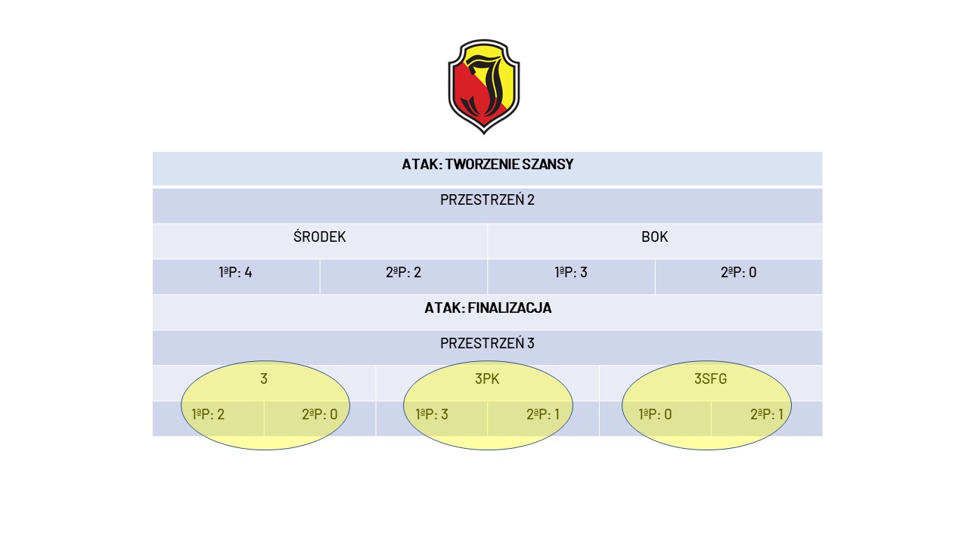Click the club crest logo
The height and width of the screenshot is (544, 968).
483,86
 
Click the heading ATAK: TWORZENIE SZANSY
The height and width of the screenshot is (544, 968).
488,165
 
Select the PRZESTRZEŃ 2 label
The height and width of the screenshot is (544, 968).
488,200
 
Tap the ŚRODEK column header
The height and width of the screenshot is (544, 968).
320,236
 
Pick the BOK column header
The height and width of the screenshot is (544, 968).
655,237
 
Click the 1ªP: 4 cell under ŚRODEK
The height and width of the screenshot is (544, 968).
235,273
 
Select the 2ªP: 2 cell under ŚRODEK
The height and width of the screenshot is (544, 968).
403,273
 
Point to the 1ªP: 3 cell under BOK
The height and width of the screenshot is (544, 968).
571,273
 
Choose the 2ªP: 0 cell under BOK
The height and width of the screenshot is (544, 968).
739,273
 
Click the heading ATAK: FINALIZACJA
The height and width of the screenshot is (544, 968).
488,308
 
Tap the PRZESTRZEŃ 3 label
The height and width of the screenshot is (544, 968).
488,343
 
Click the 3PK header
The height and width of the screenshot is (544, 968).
487,379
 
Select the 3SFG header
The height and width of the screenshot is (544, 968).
710,379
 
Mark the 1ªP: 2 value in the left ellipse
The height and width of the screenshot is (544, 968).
208,415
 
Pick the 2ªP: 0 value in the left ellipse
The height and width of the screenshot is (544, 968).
320,415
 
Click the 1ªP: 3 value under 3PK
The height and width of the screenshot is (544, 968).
432,415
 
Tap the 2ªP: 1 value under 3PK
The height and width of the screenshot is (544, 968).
543,415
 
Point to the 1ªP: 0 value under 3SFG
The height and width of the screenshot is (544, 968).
655,415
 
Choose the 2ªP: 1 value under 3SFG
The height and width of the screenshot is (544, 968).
767,415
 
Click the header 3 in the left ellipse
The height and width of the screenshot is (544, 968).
264,379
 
